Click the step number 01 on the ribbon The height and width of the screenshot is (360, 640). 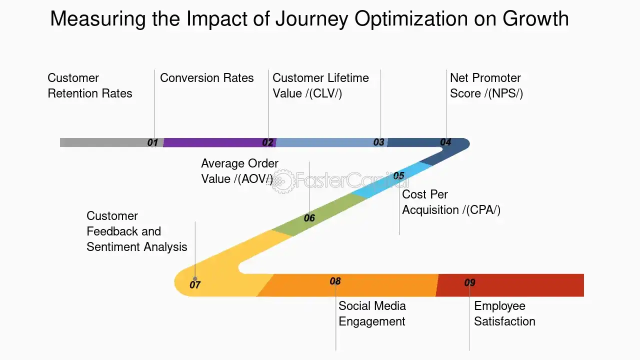[152, 142]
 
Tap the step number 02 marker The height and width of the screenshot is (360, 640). [268, 142]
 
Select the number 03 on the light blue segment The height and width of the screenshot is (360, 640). [379, 142]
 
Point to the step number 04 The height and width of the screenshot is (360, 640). [445, 142]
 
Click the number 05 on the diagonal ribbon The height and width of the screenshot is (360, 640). [398, 175]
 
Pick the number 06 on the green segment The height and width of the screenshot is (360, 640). [309, 218]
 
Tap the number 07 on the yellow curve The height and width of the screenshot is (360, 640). [195, 285]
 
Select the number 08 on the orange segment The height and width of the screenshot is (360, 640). [335, 281]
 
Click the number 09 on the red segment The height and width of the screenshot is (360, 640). [469, 283]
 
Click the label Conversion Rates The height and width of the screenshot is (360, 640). [206, 78]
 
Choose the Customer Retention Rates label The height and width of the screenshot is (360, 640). [89, 85]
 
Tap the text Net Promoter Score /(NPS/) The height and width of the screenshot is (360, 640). [486, 85]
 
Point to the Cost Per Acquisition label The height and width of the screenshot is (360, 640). [451, 202]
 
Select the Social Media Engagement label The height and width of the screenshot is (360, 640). [372, 313]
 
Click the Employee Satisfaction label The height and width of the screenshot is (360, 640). [504, 313]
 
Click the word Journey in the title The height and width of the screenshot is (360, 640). [307, 19]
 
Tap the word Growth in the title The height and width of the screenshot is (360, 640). [535, 19]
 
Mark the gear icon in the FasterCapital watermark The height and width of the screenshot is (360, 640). [282, 180]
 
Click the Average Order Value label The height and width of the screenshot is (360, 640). [239, 171]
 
